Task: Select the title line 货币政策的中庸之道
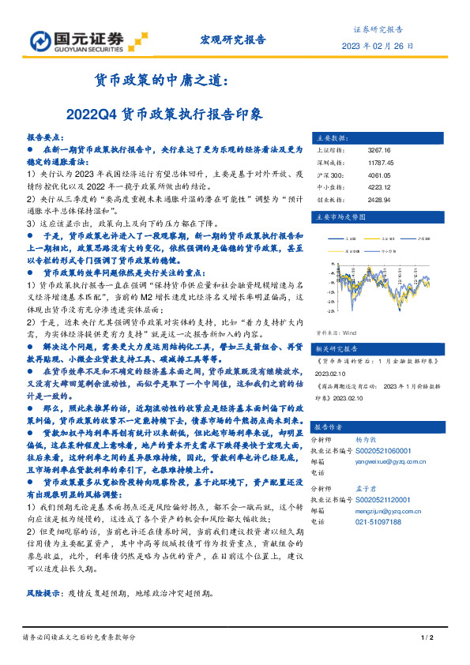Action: [162, 81]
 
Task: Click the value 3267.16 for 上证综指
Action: [379, 150]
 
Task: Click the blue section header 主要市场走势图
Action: [341, 216]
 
